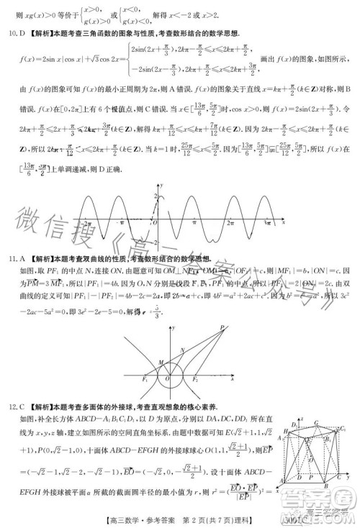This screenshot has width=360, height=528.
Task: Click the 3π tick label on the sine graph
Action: [266, 224]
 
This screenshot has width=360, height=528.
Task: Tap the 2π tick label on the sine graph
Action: [230, 224]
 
